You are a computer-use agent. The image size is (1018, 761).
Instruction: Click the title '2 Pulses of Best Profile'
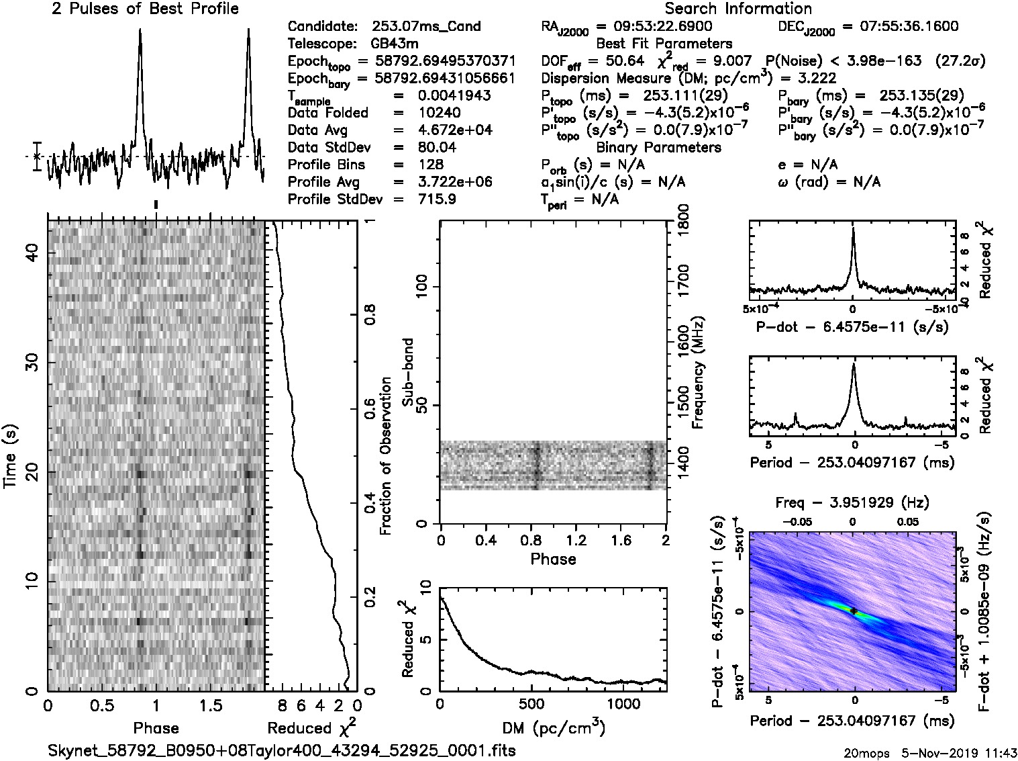coord(145,9)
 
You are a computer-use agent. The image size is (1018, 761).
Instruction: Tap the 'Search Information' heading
coord(738,9)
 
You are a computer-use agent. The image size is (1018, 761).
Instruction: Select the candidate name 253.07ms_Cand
coord(426,27)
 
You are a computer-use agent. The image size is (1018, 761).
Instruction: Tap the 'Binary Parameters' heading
coord(658,148)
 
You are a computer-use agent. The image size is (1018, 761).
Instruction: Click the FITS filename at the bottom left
coord(282,750)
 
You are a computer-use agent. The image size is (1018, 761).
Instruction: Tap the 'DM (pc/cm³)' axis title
coord(553,727)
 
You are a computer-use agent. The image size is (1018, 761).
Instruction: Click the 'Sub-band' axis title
coord(407,372)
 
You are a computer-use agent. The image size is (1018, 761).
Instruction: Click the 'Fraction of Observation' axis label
coord(386,456)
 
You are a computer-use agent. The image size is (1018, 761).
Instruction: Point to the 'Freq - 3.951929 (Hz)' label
coord(852,503)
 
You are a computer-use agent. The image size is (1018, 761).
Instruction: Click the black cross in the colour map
coord(853,611)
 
